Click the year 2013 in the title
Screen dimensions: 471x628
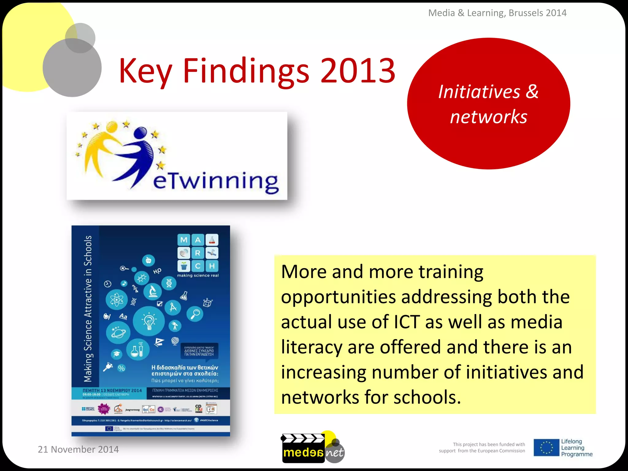point(358,71)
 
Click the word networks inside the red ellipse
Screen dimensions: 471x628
point(488,117)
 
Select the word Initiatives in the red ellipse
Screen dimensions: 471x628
point(479,92)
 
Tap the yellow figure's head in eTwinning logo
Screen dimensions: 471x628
point(112,126)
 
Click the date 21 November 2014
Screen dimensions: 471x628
point(78,449)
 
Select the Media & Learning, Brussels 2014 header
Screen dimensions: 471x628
point(497,13)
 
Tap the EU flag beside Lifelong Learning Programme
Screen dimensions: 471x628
point(546,448)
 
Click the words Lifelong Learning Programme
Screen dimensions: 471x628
point(576,448)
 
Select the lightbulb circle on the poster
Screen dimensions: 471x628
point(149,321)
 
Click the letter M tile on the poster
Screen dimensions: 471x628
point(184,240)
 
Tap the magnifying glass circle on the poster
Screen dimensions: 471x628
point(195,314)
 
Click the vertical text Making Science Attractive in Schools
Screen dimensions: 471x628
point(88,309)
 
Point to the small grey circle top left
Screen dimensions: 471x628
point(80,38)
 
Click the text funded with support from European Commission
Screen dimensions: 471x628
point(482,448)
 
